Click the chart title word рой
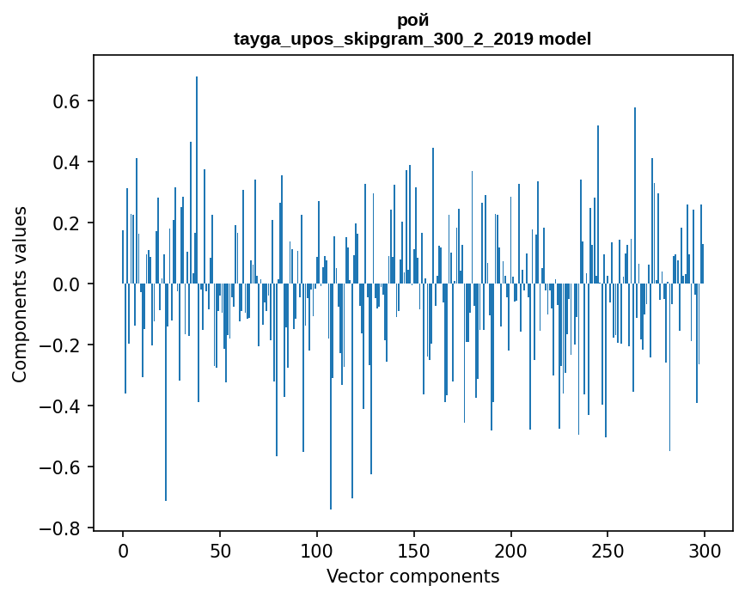[412, 20]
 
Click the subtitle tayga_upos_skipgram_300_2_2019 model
[412, 39]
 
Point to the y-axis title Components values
[20, 294]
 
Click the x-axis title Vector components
[412, 576]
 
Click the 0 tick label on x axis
[123, 550]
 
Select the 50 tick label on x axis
[220, 550]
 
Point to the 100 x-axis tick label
[317, 550]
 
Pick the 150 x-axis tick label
[414, 550]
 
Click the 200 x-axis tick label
[511, 550]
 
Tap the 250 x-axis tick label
[608, 550]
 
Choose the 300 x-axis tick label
[705, 550]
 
